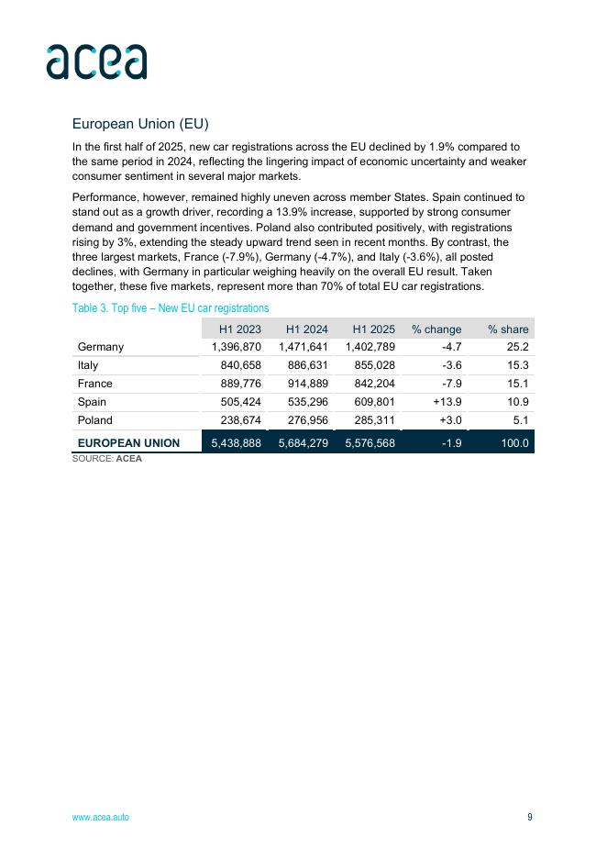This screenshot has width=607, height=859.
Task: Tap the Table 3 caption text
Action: tap(171, 308)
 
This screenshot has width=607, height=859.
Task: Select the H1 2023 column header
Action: tap(239, 329)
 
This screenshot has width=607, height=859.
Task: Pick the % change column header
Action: tap(436, 329)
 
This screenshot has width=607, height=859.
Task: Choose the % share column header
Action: tap(508, 329)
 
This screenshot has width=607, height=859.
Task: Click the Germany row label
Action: tap(101, 347)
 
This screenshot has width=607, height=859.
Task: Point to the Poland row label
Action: tap(95, 420)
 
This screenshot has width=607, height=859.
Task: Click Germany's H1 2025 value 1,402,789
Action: tap(370, 347)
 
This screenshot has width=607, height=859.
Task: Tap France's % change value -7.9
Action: tap(451, 384)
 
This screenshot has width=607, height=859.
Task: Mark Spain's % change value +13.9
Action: tap(447, 402)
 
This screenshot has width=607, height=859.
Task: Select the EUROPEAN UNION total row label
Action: tap(129, 443)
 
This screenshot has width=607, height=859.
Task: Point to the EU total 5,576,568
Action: tap(370, 443)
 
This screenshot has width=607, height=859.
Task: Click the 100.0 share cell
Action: tap(513, 443)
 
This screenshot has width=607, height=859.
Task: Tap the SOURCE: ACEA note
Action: tap(107, 458)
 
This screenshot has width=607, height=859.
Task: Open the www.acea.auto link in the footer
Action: tap(101, 818)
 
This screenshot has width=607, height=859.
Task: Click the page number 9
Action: tap(529, 818)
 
